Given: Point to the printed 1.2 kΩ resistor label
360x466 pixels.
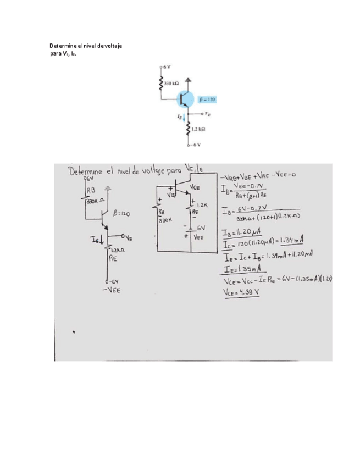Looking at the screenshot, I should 198,129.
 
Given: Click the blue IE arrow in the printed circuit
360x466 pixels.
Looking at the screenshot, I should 185,118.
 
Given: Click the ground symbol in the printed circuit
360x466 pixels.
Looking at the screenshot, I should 189,80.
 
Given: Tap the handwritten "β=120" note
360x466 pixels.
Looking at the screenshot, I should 122,213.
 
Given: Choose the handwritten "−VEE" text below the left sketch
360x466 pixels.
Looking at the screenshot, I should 112,291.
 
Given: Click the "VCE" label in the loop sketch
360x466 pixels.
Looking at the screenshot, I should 195,188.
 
